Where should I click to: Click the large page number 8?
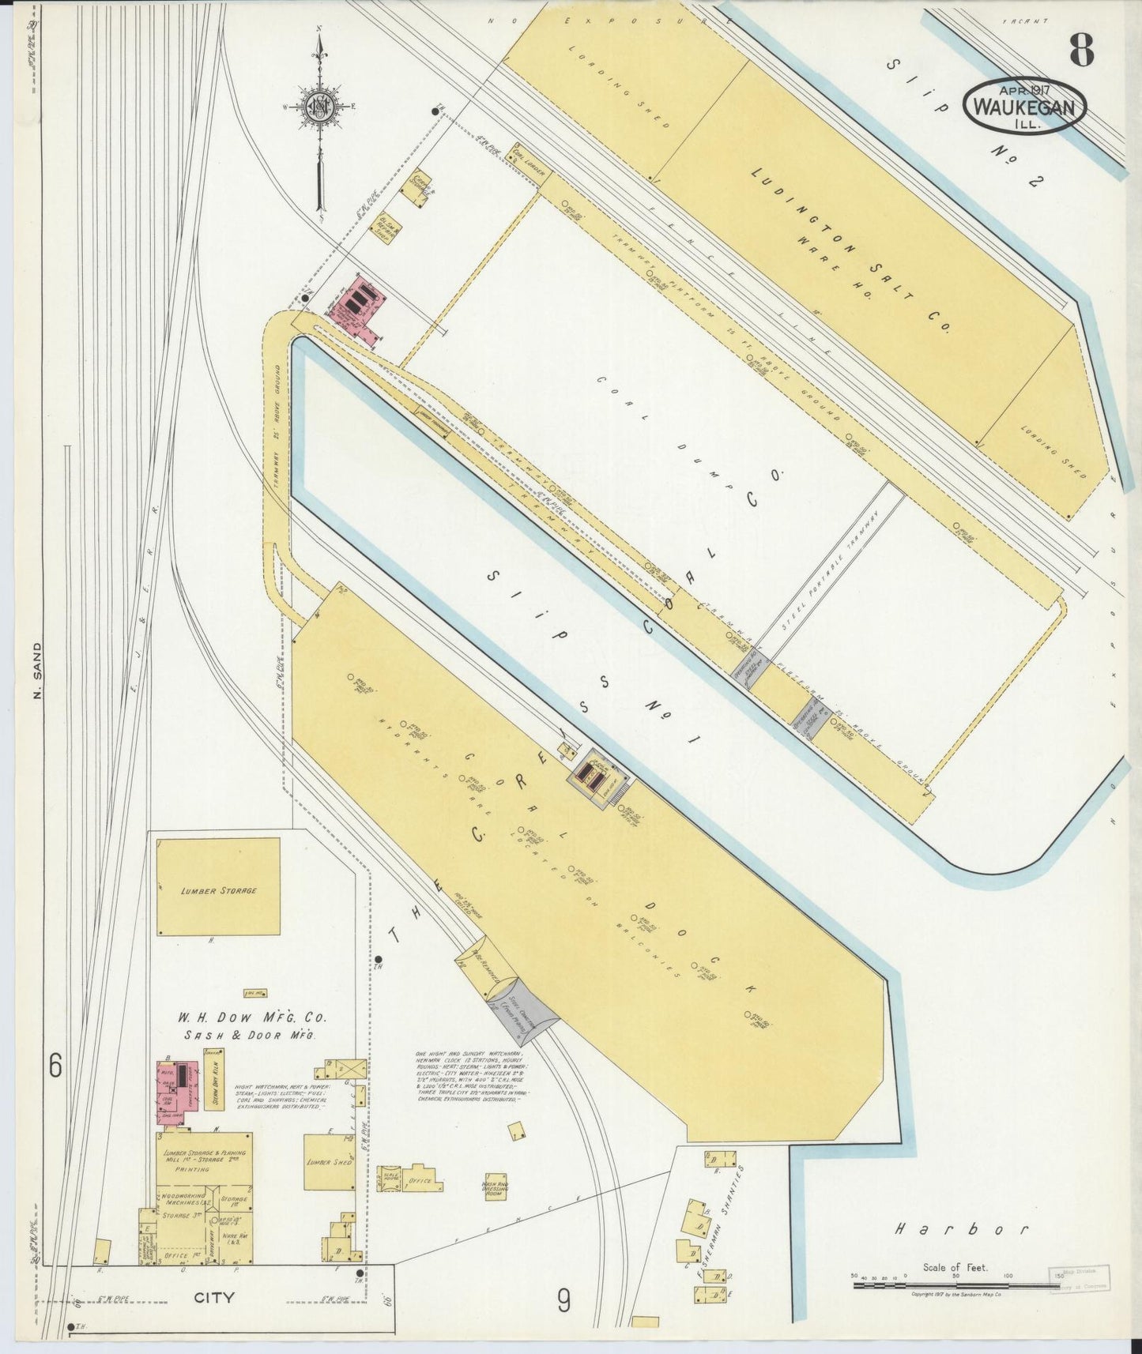click(x=1081, y=51)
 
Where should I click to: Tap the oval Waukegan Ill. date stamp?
click(x=1024, y=106)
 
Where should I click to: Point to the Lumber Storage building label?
click(x=218, y=890)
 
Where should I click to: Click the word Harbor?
click(x=962, y=1228)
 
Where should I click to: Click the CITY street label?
click(x=214, y=1297)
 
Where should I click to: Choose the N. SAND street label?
click(x=36, y=672)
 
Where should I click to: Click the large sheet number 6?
click(x=55, y=1066)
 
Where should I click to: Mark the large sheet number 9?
click(x=563, y=1299)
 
